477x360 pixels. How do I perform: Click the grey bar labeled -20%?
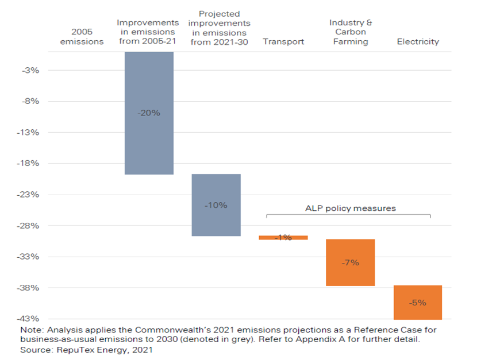(x=149, y=113)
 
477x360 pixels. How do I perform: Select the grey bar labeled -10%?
(x=216, y=205)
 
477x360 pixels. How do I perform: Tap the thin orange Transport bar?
(x=283, y=237)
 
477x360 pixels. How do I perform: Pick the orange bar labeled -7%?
(x=350, y=262)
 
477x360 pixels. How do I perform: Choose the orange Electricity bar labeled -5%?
(x=418, y=303)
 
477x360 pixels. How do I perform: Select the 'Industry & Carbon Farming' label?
(x=350, y=32)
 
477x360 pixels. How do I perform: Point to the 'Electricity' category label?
(x=418, y=41)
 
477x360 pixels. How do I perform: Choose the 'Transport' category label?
(x=283, y=41)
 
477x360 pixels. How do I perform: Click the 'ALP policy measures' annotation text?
(x=349, y=208)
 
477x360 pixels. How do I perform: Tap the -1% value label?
(x=283, y=237)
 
